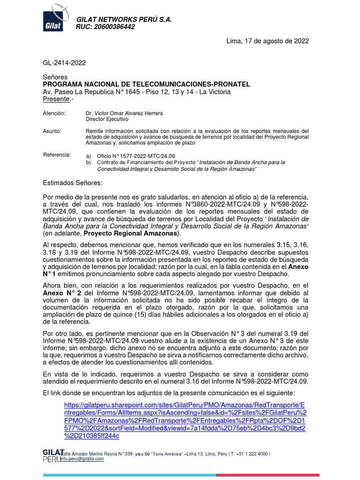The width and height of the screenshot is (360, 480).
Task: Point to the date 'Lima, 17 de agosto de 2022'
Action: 268,41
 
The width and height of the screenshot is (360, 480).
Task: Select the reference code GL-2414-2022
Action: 64,62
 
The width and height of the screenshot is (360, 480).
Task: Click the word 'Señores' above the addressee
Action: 55,77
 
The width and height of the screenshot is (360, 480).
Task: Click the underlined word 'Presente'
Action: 56,99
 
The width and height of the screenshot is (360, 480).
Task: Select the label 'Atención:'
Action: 54,114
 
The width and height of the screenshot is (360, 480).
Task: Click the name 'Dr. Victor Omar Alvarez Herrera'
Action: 125,114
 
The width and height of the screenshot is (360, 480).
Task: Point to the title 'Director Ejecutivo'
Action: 107,120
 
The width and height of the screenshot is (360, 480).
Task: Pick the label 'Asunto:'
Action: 52,131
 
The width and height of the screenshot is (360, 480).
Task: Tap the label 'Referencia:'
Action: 57,155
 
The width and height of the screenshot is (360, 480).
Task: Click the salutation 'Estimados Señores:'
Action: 72,182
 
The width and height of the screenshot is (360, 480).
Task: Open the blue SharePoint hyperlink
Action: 186,420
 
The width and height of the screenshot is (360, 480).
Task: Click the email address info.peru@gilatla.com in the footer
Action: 83,459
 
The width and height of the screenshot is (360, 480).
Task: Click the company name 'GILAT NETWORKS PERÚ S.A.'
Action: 124,20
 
